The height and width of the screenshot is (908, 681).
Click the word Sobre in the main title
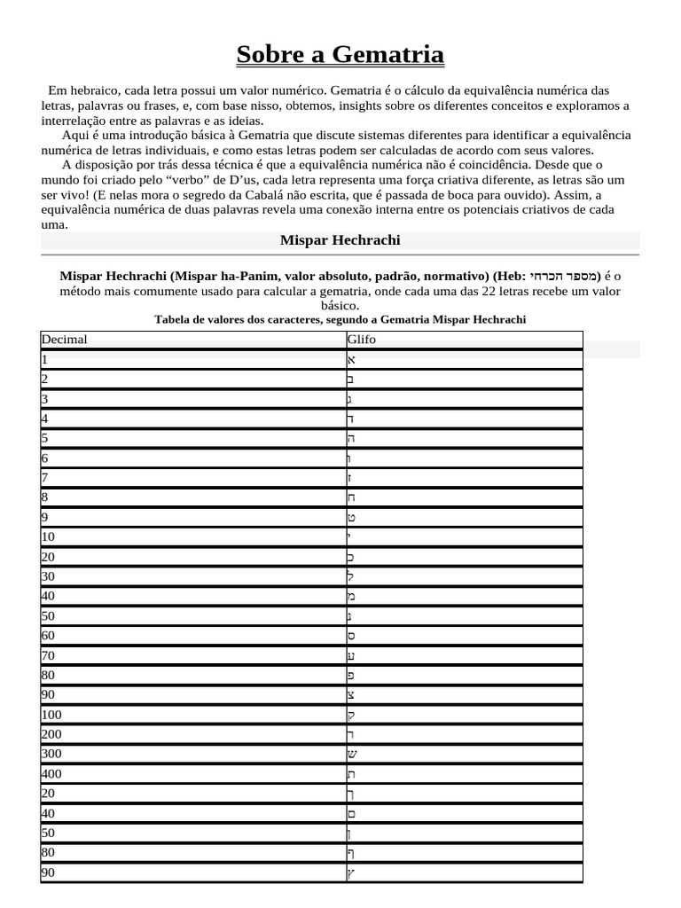271,55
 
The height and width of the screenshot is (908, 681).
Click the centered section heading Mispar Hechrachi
340,240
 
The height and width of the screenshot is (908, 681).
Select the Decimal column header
64,340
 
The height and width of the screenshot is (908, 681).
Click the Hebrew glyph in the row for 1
351,360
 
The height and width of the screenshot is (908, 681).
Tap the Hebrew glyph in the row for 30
351,576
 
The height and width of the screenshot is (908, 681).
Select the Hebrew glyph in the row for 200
351,735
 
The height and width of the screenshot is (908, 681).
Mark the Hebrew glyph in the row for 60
351,636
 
